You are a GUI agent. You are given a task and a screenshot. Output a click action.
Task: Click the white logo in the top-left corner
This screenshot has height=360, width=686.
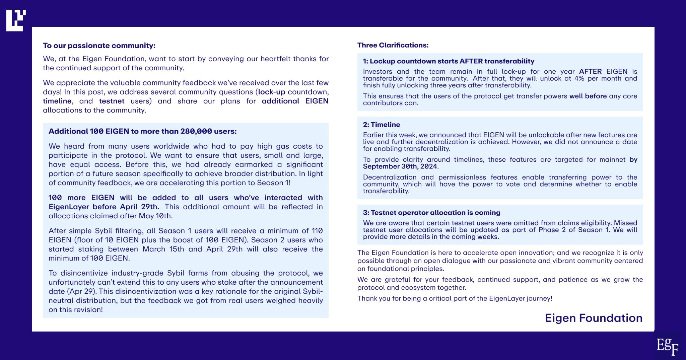click(16, 20)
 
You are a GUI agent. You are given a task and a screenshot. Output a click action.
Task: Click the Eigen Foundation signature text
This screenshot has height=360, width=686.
click(594, 318)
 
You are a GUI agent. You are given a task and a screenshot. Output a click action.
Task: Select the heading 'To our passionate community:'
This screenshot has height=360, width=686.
click(99, 46)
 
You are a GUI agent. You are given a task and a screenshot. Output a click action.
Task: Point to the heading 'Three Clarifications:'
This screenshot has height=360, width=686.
click(393, 45)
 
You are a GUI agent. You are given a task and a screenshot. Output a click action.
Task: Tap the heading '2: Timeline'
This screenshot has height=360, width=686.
click(382, 125)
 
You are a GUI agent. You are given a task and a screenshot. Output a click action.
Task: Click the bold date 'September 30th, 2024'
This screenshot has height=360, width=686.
click(400, 166)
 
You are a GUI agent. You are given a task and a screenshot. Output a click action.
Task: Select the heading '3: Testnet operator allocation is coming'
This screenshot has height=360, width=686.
click(431, 213)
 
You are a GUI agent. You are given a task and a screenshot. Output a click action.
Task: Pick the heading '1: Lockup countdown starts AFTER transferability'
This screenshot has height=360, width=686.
click(449, 61)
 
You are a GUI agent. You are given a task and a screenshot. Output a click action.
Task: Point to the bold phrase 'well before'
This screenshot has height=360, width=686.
click(588, 96)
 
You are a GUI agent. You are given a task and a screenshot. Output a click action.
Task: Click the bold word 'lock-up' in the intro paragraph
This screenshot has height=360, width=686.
click(271, 92)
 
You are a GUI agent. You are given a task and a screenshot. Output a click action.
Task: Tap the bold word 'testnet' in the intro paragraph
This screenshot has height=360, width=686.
click(112, 101)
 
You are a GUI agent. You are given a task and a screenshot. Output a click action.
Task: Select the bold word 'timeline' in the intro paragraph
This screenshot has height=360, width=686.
click(57, 101)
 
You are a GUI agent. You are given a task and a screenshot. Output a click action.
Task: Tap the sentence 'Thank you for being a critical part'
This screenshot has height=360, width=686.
click(455, 298)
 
